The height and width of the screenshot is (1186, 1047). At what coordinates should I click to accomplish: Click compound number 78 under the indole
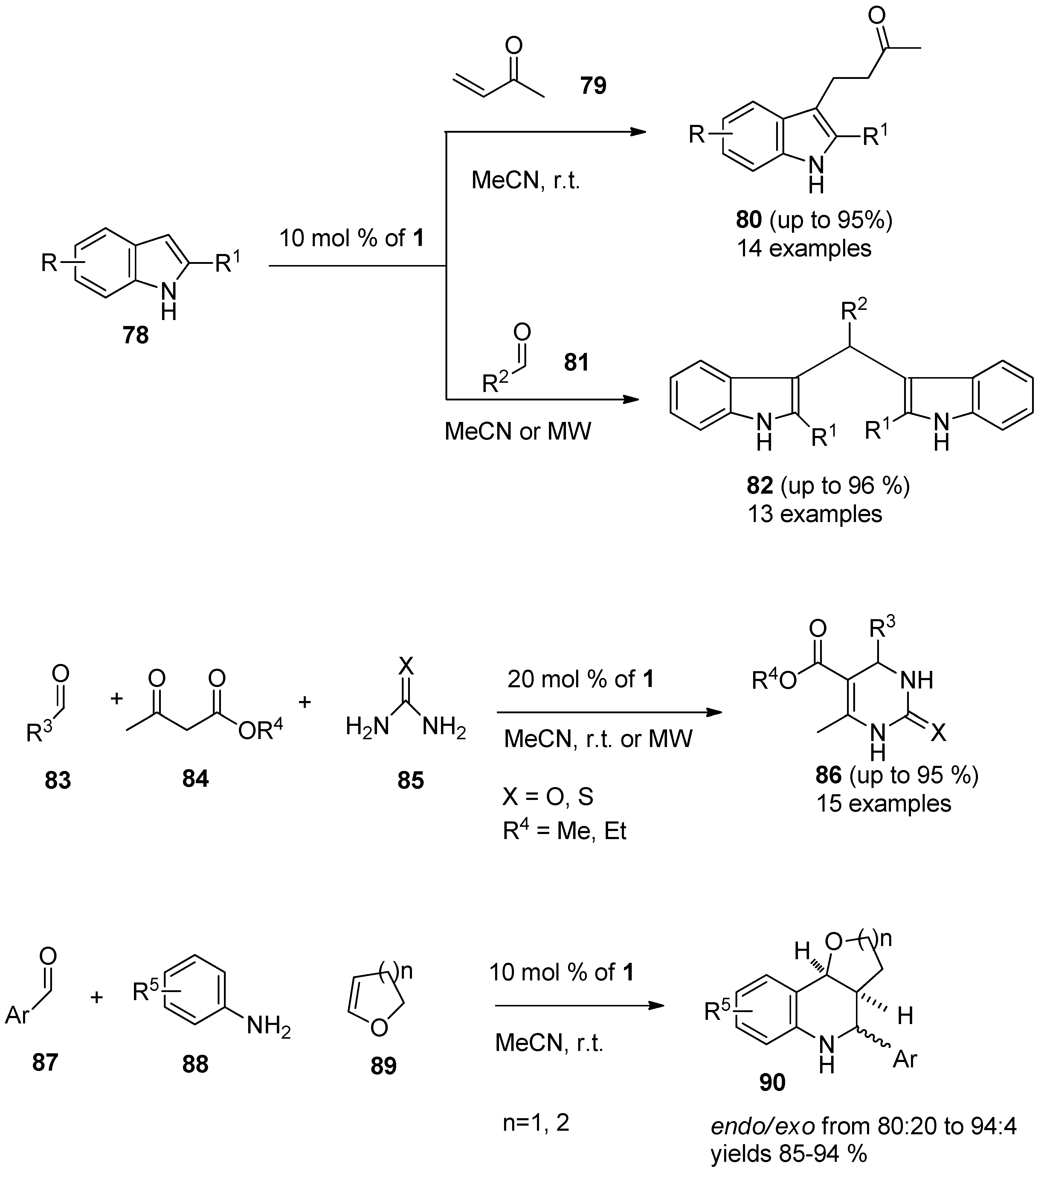click(x=135, y=335)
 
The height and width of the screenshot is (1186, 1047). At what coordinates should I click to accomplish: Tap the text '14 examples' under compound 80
click(x=804, y=248)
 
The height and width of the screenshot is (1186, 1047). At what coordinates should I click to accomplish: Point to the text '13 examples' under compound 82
click(x=814, y=514)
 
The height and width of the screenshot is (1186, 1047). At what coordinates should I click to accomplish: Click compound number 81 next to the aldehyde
click(x=576, y=363)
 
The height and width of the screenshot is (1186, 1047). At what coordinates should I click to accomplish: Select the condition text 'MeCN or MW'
click(x=518, y=431)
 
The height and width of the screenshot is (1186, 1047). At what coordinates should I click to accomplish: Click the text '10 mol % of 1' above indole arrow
click(x=352, y=238)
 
